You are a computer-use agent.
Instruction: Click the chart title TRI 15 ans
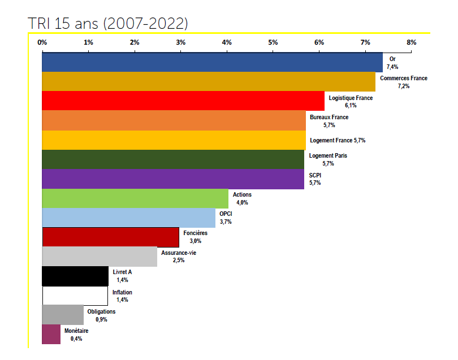pos(107,23)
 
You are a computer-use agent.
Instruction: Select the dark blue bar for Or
pos(212,62)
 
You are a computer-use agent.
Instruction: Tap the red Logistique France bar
pos(183,101)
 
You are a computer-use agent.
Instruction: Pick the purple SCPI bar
pos(173,179)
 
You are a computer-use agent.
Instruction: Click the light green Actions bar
pos(135,198)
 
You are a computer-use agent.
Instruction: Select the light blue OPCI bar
pos(129,218)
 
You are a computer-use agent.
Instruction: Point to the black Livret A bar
pos(75,276)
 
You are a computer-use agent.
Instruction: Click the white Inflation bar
pos(75,296)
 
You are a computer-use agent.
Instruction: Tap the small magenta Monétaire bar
pos(51,335)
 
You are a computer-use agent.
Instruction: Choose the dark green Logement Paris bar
pos(173,159)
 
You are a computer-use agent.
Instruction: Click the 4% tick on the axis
pos(226,42)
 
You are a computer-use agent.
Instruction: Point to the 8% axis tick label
pos(411,42)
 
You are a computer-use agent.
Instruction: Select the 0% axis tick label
pos(42,42)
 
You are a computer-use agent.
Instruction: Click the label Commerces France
pos(404,78)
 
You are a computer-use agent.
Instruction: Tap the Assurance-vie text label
pos(179,253)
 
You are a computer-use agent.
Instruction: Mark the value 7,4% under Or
pos(392,67)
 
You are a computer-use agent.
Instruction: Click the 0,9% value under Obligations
pos(102,319)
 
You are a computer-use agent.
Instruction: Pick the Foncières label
pos(196,233)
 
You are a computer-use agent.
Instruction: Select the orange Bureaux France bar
pos(174,120)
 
